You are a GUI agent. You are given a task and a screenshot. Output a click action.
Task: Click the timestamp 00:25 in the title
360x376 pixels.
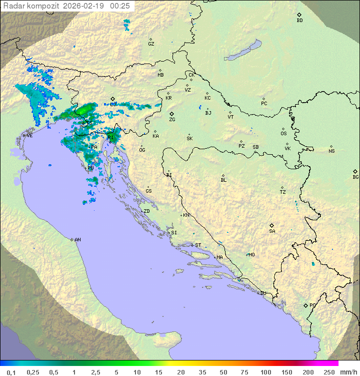click(x=121, y=6)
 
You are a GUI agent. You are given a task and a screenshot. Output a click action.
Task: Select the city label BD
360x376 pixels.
click(x=299, y=21)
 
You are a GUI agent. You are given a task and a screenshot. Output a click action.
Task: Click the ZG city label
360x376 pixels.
click(x=172, y=120)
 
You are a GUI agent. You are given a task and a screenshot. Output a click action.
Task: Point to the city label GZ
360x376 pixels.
click(x=151, y=44)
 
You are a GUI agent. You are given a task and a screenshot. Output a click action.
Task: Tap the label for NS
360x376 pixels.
click(x=331, y=151)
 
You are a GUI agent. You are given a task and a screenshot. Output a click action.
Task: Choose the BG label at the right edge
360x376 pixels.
click(x=355, y=177)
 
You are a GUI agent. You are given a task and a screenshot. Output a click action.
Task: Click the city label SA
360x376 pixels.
click(x=272, y=231)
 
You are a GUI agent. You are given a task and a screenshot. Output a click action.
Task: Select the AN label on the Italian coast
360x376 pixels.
click(x=77, y=240)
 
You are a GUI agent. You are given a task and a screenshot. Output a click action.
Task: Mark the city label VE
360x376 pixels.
click(x=29, y=136)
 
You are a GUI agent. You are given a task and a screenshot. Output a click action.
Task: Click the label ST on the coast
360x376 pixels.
click(x=198, y=245)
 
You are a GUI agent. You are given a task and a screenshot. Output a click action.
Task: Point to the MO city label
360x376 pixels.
click(x=251, y=254)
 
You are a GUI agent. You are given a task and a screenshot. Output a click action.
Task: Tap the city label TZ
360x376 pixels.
click(x=283, y=192)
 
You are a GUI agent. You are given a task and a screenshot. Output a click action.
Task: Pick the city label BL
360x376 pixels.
click(x=223, y=180)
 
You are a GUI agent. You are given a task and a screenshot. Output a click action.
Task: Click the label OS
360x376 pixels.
click(x=283, y=134)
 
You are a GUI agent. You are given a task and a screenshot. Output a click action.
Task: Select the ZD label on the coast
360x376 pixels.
click(x=146, y=211)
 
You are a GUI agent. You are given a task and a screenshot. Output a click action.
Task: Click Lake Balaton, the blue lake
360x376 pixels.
click(x=243, y=50)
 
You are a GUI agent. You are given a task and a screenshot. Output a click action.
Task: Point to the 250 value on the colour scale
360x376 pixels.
click(x=329, y=372)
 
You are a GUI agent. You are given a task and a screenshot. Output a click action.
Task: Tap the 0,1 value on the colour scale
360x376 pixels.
click(x=11, y=372)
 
